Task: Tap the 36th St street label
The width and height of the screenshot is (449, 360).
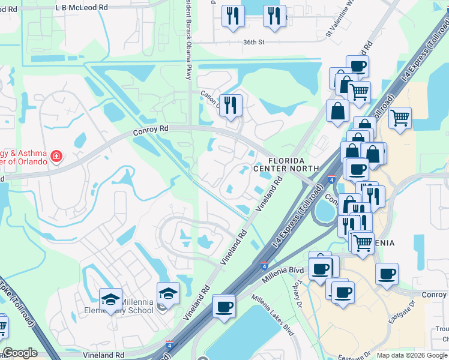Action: [x=254, y=42]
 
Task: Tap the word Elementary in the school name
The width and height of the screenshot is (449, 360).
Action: [x=126, y=311]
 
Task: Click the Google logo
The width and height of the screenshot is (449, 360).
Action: [x=20, y=353]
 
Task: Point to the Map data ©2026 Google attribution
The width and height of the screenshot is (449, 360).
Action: [x=411, y=355]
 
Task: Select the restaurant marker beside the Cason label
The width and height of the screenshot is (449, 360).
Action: [x=231, y=105]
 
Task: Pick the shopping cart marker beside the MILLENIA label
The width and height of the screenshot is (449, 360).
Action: [x=363, y=243]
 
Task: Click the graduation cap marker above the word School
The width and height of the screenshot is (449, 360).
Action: [x=168, y=293]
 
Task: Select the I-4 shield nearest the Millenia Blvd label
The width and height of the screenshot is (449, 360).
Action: [x=265, y=263]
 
